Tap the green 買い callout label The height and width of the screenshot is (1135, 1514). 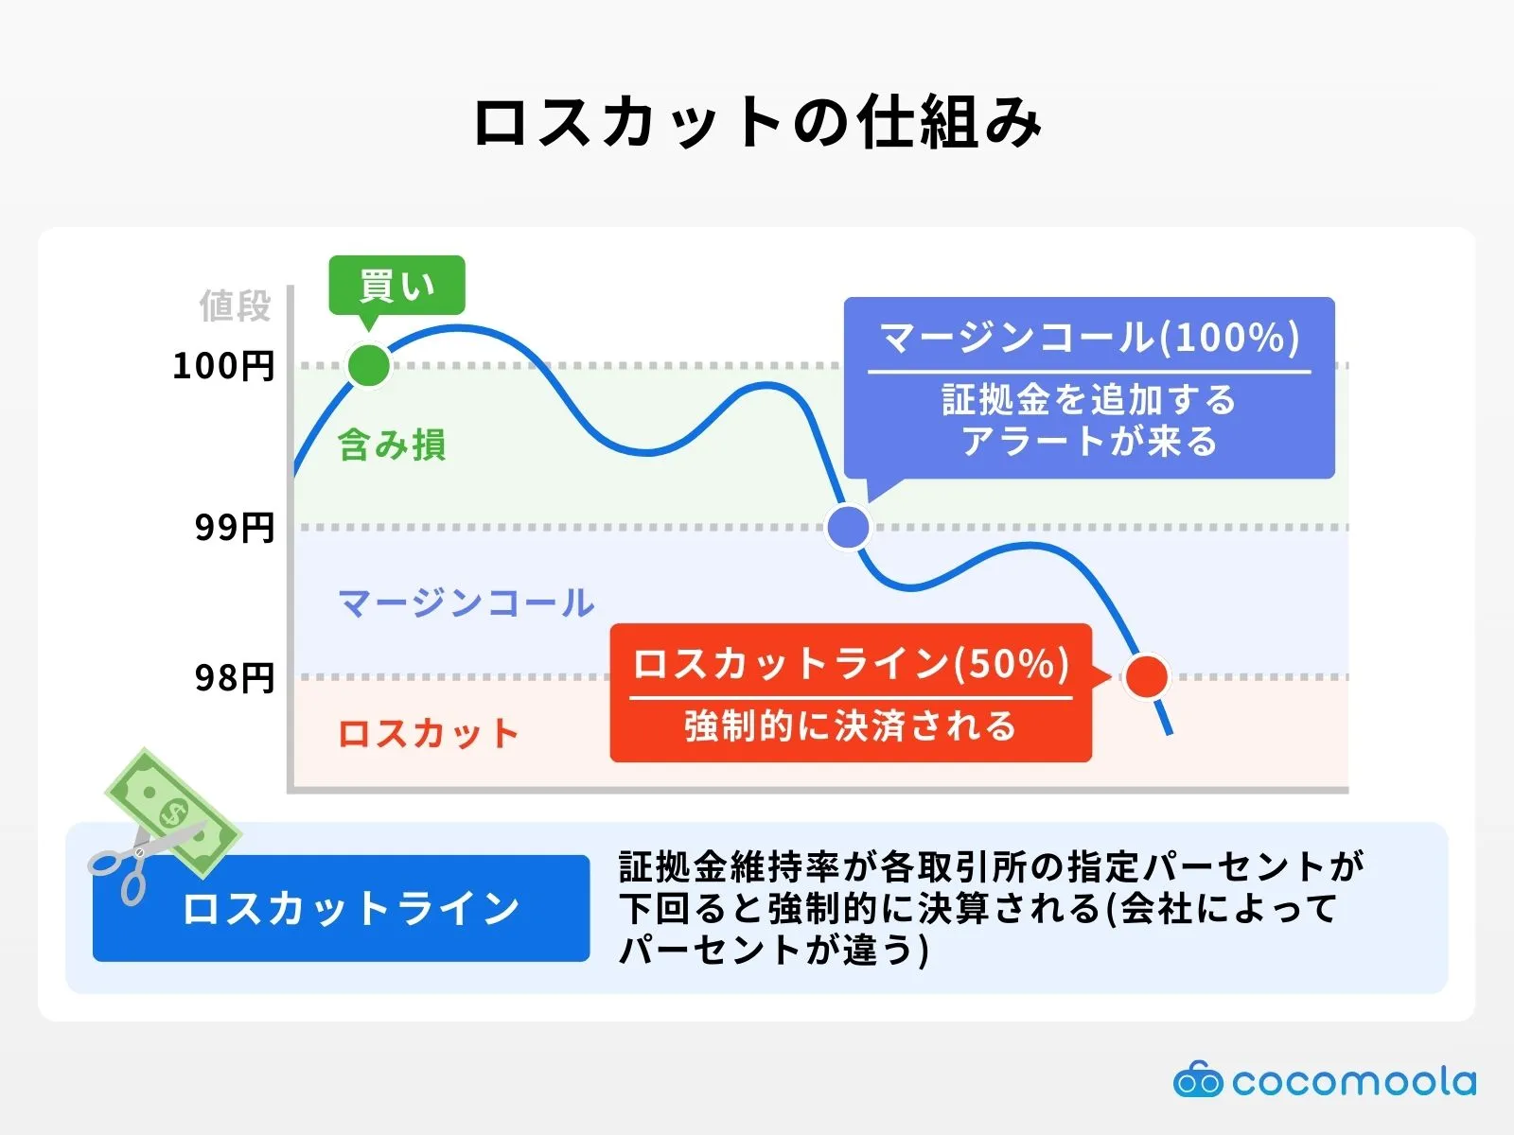[396, 285]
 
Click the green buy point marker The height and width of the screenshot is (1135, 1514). [369, 365]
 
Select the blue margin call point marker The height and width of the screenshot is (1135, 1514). [849, 527]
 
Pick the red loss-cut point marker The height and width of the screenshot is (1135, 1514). [1147, 676]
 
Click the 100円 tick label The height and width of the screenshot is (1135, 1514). [223, 366]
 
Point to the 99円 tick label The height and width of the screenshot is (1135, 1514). [235, 528]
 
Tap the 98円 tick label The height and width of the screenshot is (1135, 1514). [235, 678]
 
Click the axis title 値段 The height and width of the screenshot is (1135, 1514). [235, 306]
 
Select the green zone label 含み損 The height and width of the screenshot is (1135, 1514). [392, 445]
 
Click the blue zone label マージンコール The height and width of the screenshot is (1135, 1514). [467, 602]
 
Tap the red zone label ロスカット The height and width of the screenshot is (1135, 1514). [429, 734]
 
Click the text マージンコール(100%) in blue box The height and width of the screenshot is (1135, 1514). [1089, 338]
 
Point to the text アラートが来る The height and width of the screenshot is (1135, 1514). [1089, 442]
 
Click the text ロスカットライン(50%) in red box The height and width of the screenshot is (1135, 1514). [851, 663]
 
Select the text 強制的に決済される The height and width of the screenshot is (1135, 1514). [851, 726]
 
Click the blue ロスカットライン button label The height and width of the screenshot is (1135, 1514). [350, 909]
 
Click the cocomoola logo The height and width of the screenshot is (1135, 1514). [1324, 1081]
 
